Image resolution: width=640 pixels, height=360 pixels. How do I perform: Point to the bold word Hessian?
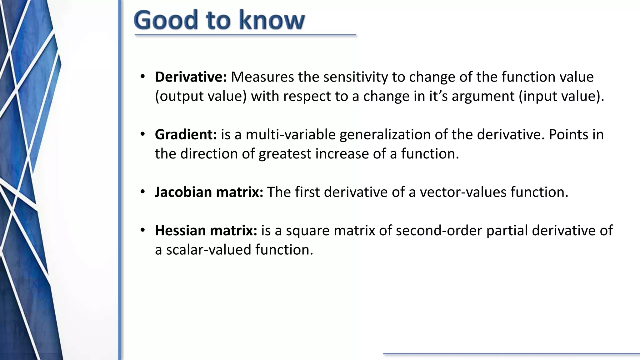pyautogui.click(x=180, y=231)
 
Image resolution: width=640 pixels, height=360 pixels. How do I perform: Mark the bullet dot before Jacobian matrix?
pyautogui.click(x=143, y=192)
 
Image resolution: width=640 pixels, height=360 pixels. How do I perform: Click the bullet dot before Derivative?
pyautogui.click(x=143, y=77)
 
